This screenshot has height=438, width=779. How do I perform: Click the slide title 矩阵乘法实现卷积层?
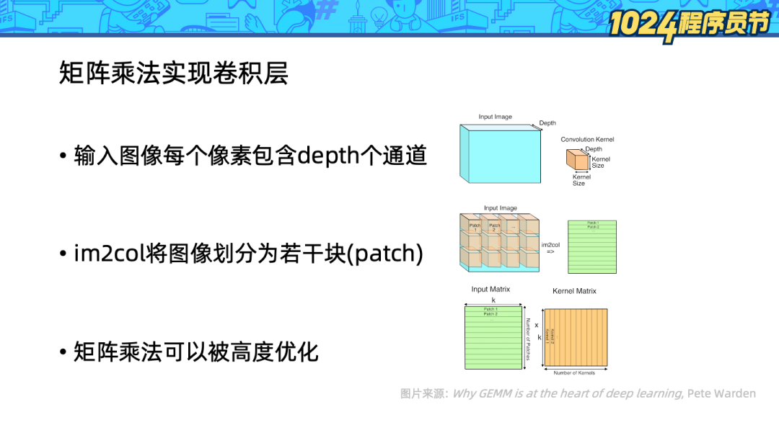[x=174, y=73]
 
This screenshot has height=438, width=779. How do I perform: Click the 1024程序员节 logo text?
[x=688, y=23]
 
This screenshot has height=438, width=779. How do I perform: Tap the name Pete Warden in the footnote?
[x=721, y=393]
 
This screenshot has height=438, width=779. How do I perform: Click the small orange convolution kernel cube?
[x=578, y=160]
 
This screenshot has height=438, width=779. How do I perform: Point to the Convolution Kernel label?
[x=587, y=140]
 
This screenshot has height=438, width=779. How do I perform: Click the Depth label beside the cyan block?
[x=547, y=123]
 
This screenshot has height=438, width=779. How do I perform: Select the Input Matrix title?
[x=490, y=290]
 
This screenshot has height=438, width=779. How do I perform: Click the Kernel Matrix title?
[x=574, y=291]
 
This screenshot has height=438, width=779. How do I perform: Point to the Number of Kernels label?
[x=575, y=373]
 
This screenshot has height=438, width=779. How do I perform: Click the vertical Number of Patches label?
[x=528, y=339]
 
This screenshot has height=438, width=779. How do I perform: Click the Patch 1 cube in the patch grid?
[x=475, y=228]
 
